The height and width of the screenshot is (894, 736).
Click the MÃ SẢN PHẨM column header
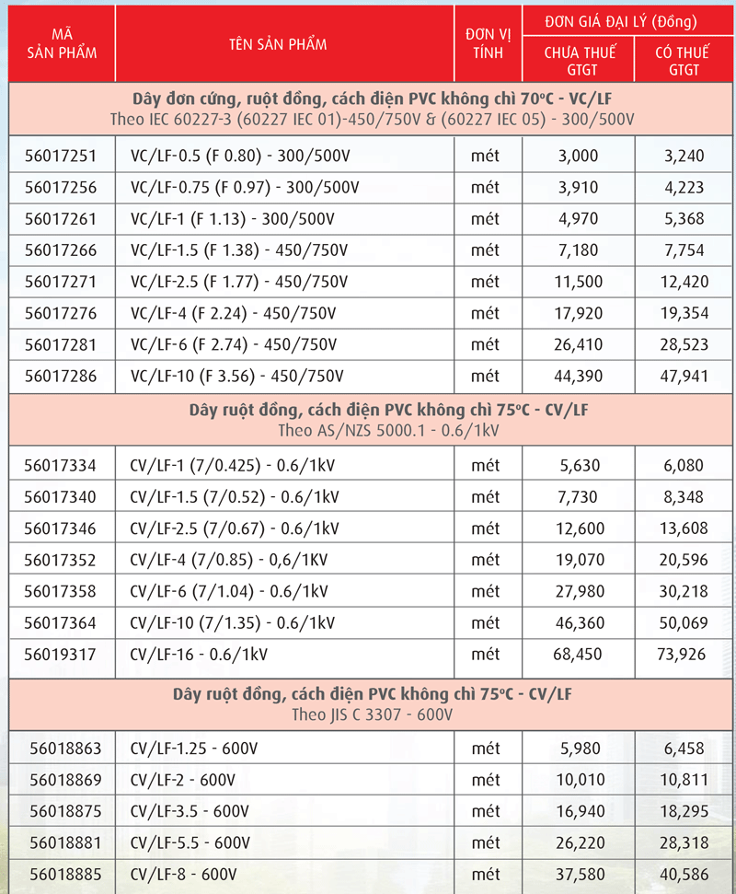click(62, 43)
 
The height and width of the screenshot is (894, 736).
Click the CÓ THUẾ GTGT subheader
click(684, 61)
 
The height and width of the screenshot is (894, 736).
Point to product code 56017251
click(61, 157)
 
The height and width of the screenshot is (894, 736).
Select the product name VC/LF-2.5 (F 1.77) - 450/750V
click(240, 282)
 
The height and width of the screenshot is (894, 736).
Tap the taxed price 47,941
click(685, 376)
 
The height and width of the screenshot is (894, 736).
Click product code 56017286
click(61, 376)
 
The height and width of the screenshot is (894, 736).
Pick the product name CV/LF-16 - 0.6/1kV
click(198, 654)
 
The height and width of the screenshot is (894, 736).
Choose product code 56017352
click(61, 560)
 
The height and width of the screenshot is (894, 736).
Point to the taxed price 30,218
click(685, 591)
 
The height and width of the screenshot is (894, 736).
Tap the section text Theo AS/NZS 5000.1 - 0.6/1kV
click(367, 429)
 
